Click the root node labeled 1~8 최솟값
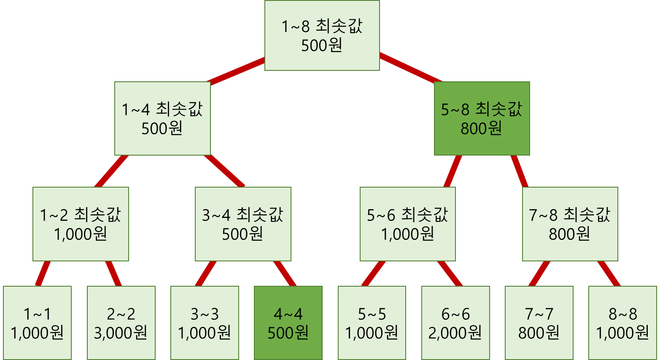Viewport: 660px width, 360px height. (x=322, y=35)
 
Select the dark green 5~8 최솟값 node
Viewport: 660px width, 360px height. (x=482, y=118)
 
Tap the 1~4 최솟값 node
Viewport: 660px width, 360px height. (x=162, y=118)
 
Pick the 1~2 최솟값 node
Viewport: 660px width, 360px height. (x=81, y=224)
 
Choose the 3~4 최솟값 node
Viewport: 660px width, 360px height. (x=243, y=224)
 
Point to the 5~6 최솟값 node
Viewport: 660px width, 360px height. (x=407, y=224)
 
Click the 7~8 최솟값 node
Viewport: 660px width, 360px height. (x=570, y=224)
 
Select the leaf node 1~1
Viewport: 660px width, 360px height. (x=37, y=323)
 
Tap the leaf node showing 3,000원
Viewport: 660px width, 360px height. (x=121, y=323)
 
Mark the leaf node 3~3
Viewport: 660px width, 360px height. (x=205, y=323)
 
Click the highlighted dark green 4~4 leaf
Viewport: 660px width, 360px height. (x=288, y=323)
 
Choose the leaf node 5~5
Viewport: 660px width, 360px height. (x=372, y=323)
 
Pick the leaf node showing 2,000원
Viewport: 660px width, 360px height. (x=455, y=323)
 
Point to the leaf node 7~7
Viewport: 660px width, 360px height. (x=539, y=323)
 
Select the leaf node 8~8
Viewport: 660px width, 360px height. (x=622, y=323)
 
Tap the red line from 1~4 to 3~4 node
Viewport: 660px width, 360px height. (x=225, y=171)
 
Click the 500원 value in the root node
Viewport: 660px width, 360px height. (x=322, y=46)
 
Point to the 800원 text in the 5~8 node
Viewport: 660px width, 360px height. (x=481, y=129)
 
